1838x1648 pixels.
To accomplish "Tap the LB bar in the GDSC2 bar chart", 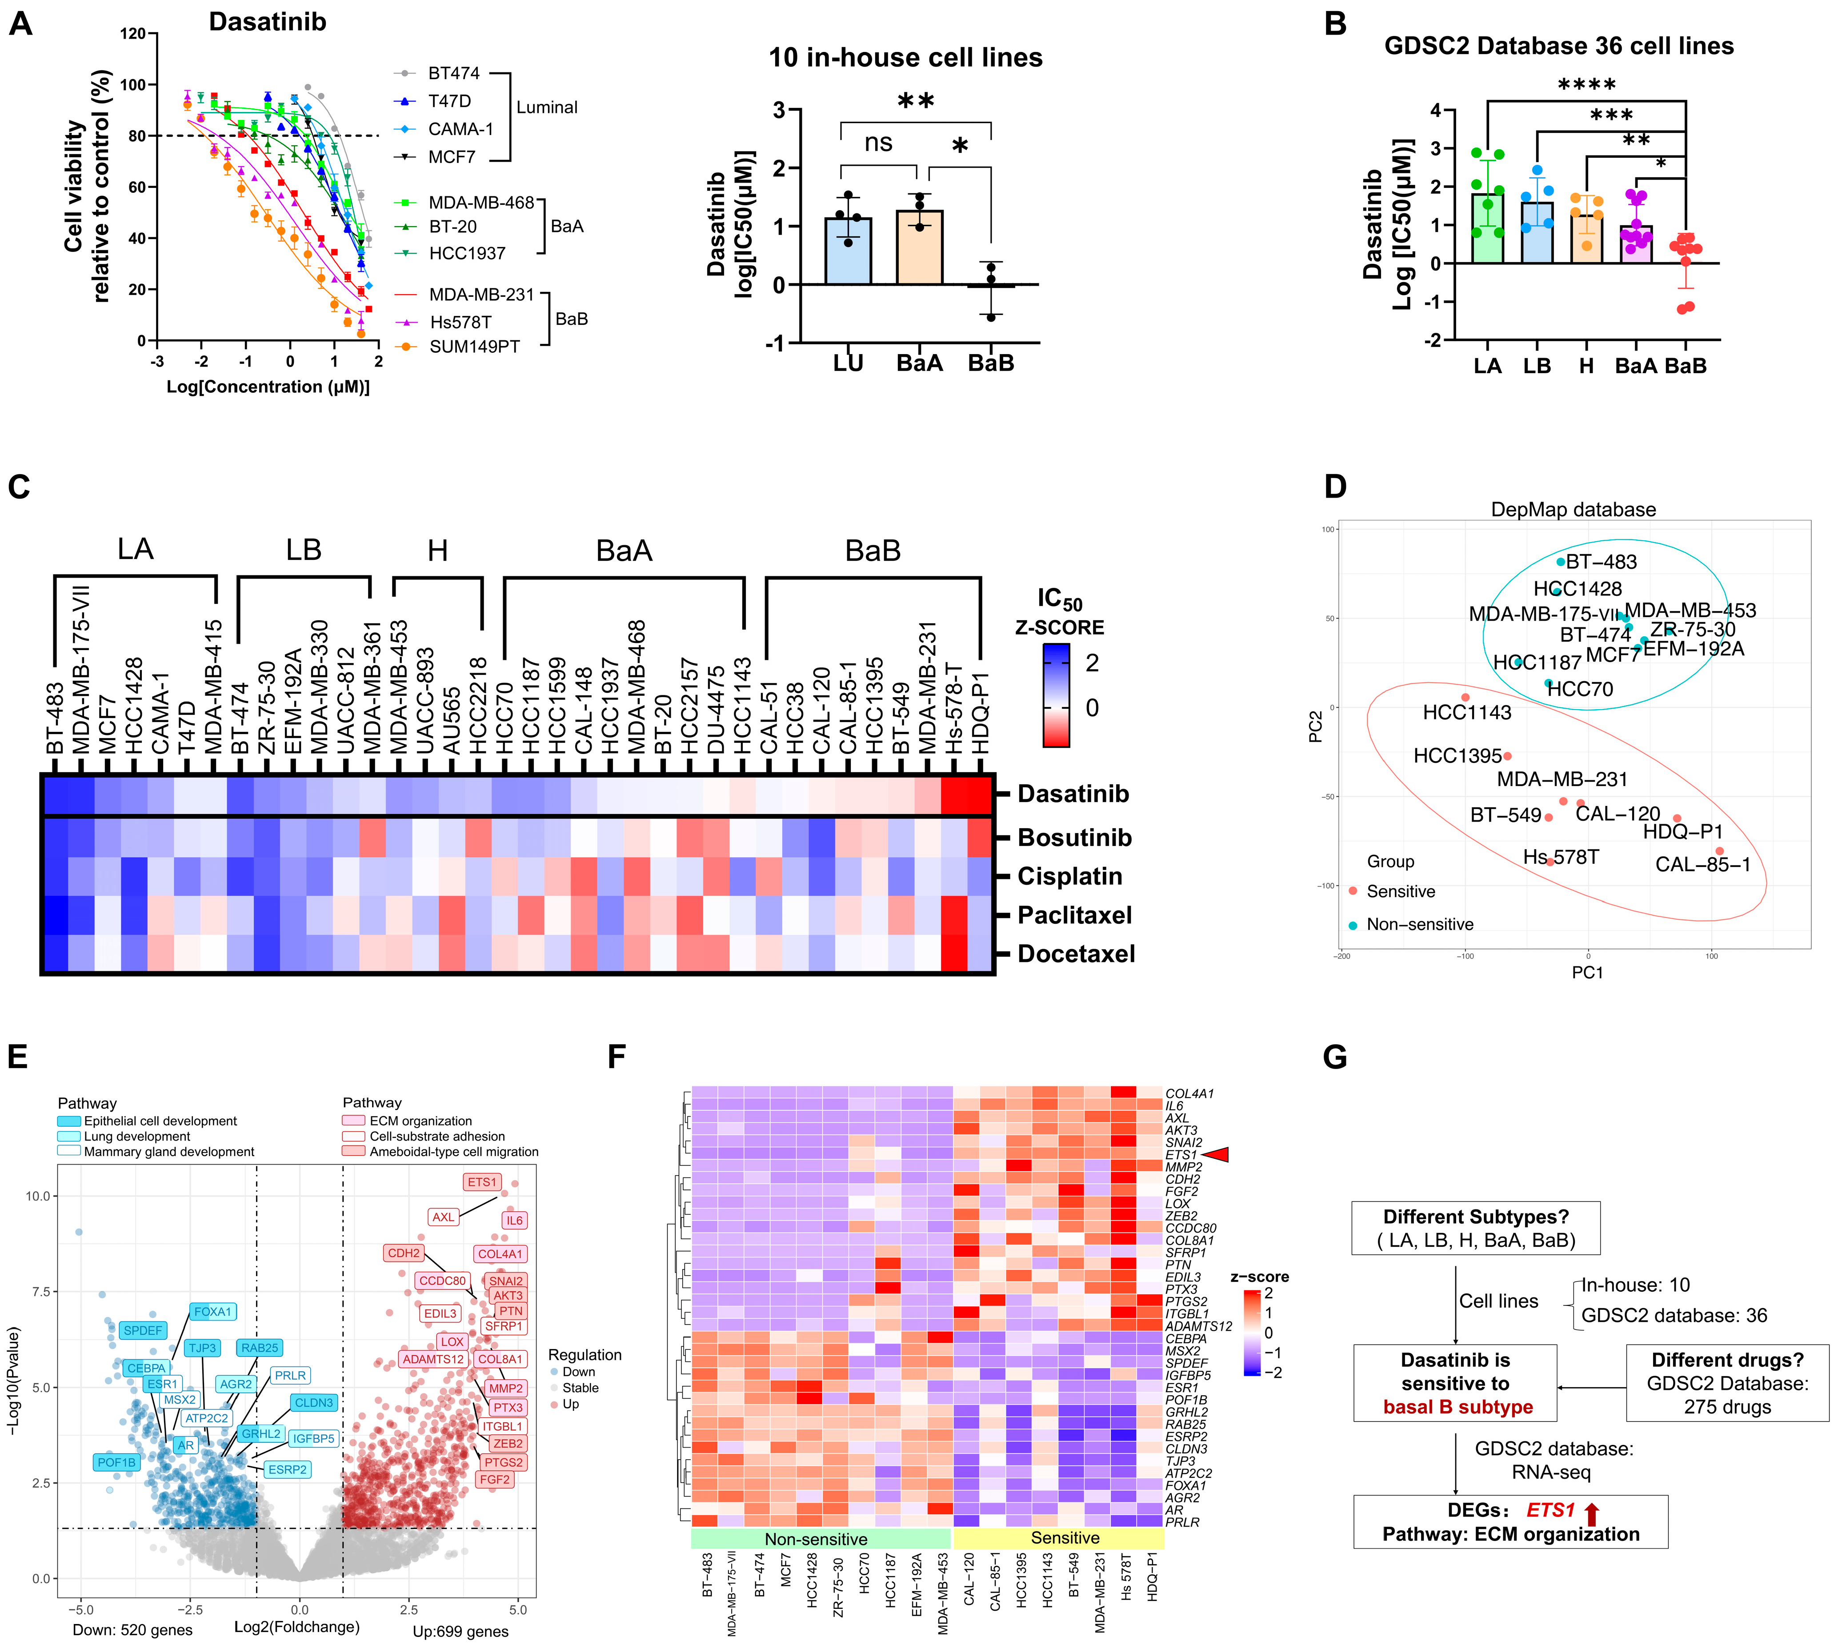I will point(1536,233).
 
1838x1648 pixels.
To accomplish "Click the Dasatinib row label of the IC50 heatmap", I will point(1073,794).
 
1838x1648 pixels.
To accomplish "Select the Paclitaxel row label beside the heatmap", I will point(1074,915).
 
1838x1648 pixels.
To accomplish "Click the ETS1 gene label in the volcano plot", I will point(482,1181).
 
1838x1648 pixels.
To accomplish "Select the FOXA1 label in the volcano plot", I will point(213,1311).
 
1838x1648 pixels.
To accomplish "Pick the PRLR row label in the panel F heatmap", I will point(1181,1522).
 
